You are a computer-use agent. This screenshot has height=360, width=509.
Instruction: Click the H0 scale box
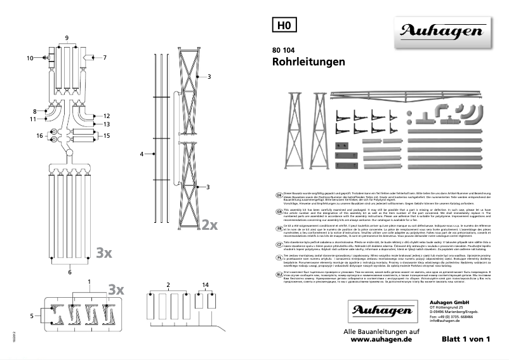(284, 25)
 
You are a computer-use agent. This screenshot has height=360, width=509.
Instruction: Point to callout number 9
(67, 38)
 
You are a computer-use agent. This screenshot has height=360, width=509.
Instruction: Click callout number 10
(29, 58)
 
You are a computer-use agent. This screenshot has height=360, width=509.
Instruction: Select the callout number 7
(105, 58)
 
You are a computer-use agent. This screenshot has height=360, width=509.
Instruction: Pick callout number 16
(39, 135)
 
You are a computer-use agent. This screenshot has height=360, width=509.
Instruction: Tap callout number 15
(107, 135)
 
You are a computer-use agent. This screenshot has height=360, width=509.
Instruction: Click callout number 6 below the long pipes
(70, 272)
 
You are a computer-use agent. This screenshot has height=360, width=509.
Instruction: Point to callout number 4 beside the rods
(143, 154)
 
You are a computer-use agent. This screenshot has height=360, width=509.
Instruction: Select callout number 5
(31, 315)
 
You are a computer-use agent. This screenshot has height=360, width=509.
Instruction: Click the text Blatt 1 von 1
(466, 340)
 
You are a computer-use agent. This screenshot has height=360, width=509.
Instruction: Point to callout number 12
(107, 116)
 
